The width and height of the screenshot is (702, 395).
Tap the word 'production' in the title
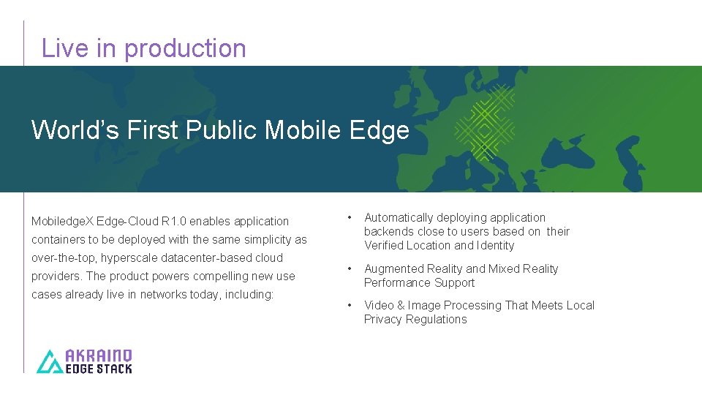point(186,48)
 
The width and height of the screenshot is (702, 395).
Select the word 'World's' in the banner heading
point(75,130)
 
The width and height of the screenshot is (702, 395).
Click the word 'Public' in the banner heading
point(222,130)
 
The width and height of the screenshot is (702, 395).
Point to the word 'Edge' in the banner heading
point(380,130)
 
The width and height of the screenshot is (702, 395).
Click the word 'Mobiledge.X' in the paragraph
point(63,221)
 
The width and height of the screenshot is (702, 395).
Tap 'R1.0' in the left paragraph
point(173,221)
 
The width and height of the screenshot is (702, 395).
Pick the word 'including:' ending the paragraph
point(249,294)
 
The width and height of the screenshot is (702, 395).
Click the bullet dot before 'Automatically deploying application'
point(351,218)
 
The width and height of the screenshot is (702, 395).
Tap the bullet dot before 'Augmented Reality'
point(351,269)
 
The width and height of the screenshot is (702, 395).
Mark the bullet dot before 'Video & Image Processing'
point(351,306)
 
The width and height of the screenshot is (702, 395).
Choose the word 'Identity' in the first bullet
point(495,246)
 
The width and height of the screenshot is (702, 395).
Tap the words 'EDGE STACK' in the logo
point(99,369)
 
